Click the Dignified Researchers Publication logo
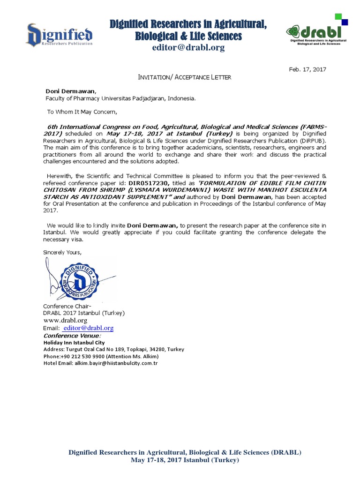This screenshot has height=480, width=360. click(59, 35)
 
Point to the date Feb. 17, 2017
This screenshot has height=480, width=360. click(307, 69)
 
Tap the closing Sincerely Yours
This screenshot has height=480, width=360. click(62, 252)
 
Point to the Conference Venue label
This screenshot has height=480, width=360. click(72, 336)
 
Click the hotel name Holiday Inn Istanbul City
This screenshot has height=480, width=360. click(74, 343)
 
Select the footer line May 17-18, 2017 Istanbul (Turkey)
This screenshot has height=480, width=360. click(185, 460)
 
